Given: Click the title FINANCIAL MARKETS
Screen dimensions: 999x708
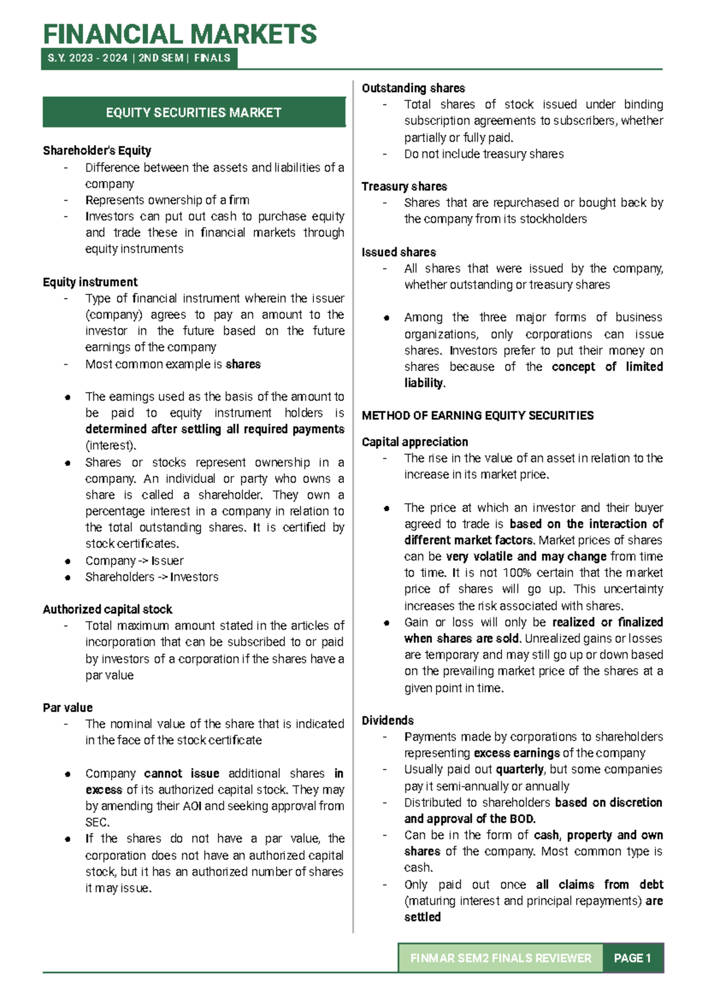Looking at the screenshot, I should point(180,34).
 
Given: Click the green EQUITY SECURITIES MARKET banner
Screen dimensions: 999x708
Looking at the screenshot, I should point(194,113).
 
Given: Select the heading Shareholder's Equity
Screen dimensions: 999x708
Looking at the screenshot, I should point(97,150).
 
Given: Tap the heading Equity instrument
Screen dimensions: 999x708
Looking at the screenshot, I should point(90,282).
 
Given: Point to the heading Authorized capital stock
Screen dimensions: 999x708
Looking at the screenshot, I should point(107,609).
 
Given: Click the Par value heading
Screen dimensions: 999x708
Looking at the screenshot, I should point(67,708).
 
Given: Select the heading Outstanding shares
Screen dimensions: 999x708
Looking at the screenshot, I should point(413,88).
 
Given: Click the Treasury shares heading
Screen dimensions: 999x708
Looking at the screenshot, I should point(404,186).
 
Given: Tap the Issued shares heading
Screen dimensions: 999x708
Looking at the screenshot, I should point(399,252).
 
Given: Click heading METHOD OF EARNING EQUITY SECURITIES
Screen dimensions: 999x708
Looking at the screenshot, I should point(477,416).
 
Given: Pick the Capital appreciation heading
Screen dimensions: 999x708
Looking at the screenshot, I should point(415,442).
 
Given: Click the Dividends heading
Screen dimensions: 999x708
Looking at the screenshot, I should point(388,721).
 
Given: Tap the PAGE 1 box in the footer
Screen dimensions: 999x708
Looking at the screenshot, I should point(632,958).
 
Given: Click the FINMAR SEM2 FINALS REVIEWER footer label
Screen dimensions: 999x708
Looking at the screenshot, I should point(501,958).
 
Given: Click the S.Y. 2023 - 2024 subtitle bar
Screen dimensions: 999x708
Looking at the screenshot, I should point(139,58).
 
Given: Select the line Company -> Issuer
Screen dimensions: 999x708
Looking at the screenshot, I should point(135,561).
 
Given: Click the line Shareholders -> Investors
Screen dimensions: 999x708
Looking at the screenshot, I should point(152,577).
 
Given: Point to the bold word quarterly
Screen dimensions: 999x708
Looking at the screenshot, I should point(520,770).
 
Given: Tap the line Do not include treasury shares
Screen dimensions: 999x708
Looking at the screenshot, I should point(484,154).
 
